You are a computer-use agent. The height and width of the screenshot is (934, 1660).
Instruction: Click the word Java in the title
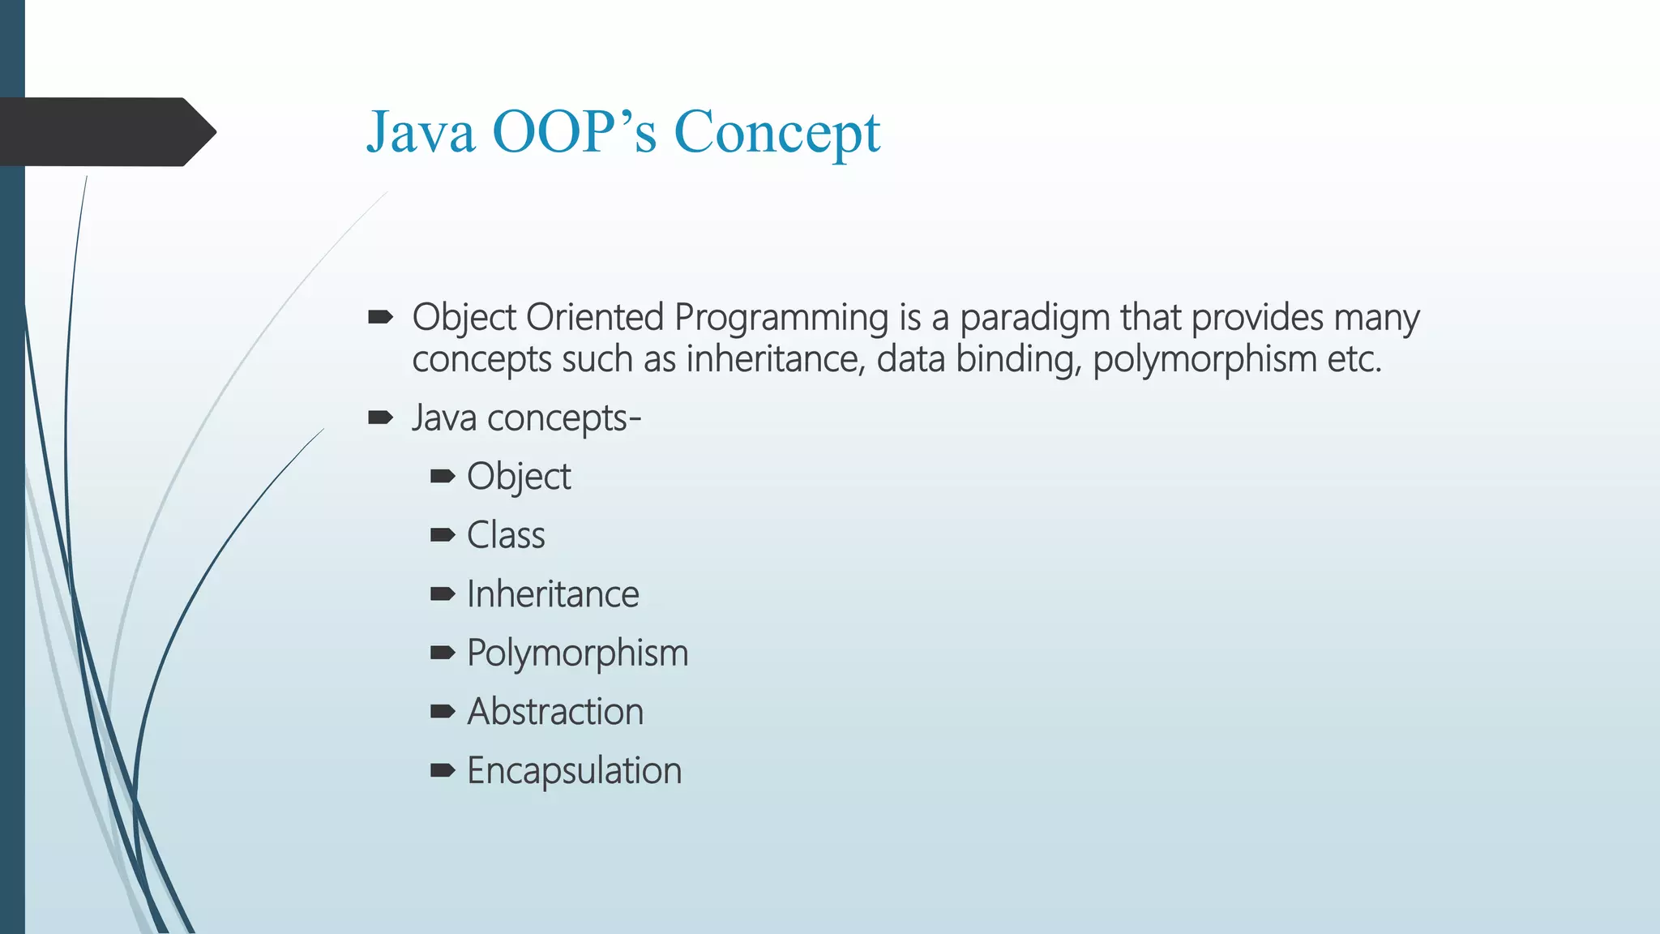420,132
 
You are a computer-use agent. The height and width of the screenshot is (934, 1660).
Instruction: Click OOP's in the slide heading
573,132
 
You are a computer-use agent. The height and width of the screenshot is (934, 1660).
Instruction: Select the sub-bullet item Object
519,477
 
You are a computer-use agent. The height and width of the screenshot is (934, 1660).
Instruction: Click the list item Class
506,535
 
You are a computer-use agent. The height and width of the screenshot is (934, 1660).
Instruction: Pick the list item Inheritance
553,594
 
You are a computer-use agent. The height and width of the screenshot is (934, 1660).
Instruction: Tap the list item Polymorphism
577,653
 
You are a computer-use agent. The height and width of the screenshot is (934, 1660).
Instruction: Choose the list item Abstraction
555,712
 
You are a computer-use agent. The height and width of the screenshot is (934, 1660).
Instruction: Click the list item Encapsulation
574,771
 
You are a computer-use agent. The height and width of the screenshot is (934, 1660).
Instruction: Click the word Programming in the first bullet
781,318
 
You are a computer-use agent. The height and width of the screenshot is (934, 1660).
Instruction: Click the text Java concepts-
526,418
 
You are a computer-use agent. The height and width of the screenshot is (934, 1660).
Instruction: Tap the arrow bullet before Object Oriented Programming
380,317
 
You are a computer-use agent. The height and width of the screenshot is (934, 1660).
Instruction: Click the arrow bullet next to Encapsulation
443,770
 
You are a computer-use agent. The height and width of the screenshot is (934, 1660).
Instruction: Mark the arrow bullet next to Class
443,534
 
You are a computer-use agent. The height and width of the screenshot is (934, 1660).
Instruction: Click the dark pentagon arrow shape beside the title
105,132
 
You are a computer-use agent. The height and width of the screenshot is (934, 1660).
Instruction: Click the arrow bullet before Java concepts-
380,418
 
